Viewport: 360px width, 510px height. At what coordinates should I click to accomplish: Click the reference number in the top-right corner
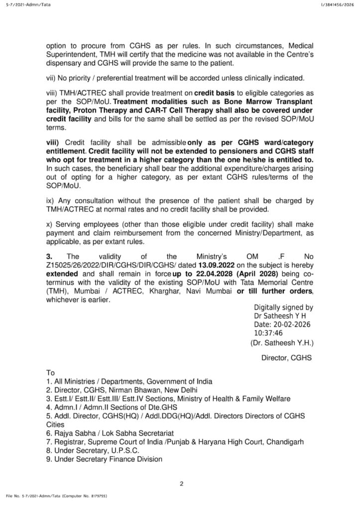pyautogui.click(x=335, y=4)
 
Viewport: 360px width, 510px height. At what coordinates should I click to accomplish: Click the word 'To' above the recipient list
pyautogui.click(x=50, y=373)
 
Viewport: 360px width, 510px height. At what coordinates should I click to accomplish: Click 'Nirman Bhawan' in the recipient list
pyautogui.click(x=124, y=389)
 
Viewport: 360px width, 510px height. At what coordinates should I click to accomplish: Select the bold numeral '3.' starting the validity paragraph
pyautogui.click(x=49, y=257)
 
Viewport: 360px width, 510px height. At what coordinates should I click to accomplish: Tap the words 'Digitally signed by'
pyautogui.click(x=283, y=308)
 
